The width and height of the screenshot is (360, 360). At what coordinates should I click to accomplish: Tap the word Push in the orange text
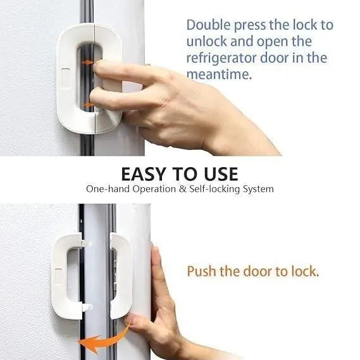pyautogui.click(x=201, y=271)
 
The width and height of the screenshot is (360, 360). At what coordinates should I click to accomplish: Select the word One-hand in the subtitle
pyautogui.click(x=106, y=189)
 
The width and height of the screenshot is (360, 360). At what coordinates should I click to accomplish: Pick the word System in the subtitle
pyautogui.click(x=258, y=189)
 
